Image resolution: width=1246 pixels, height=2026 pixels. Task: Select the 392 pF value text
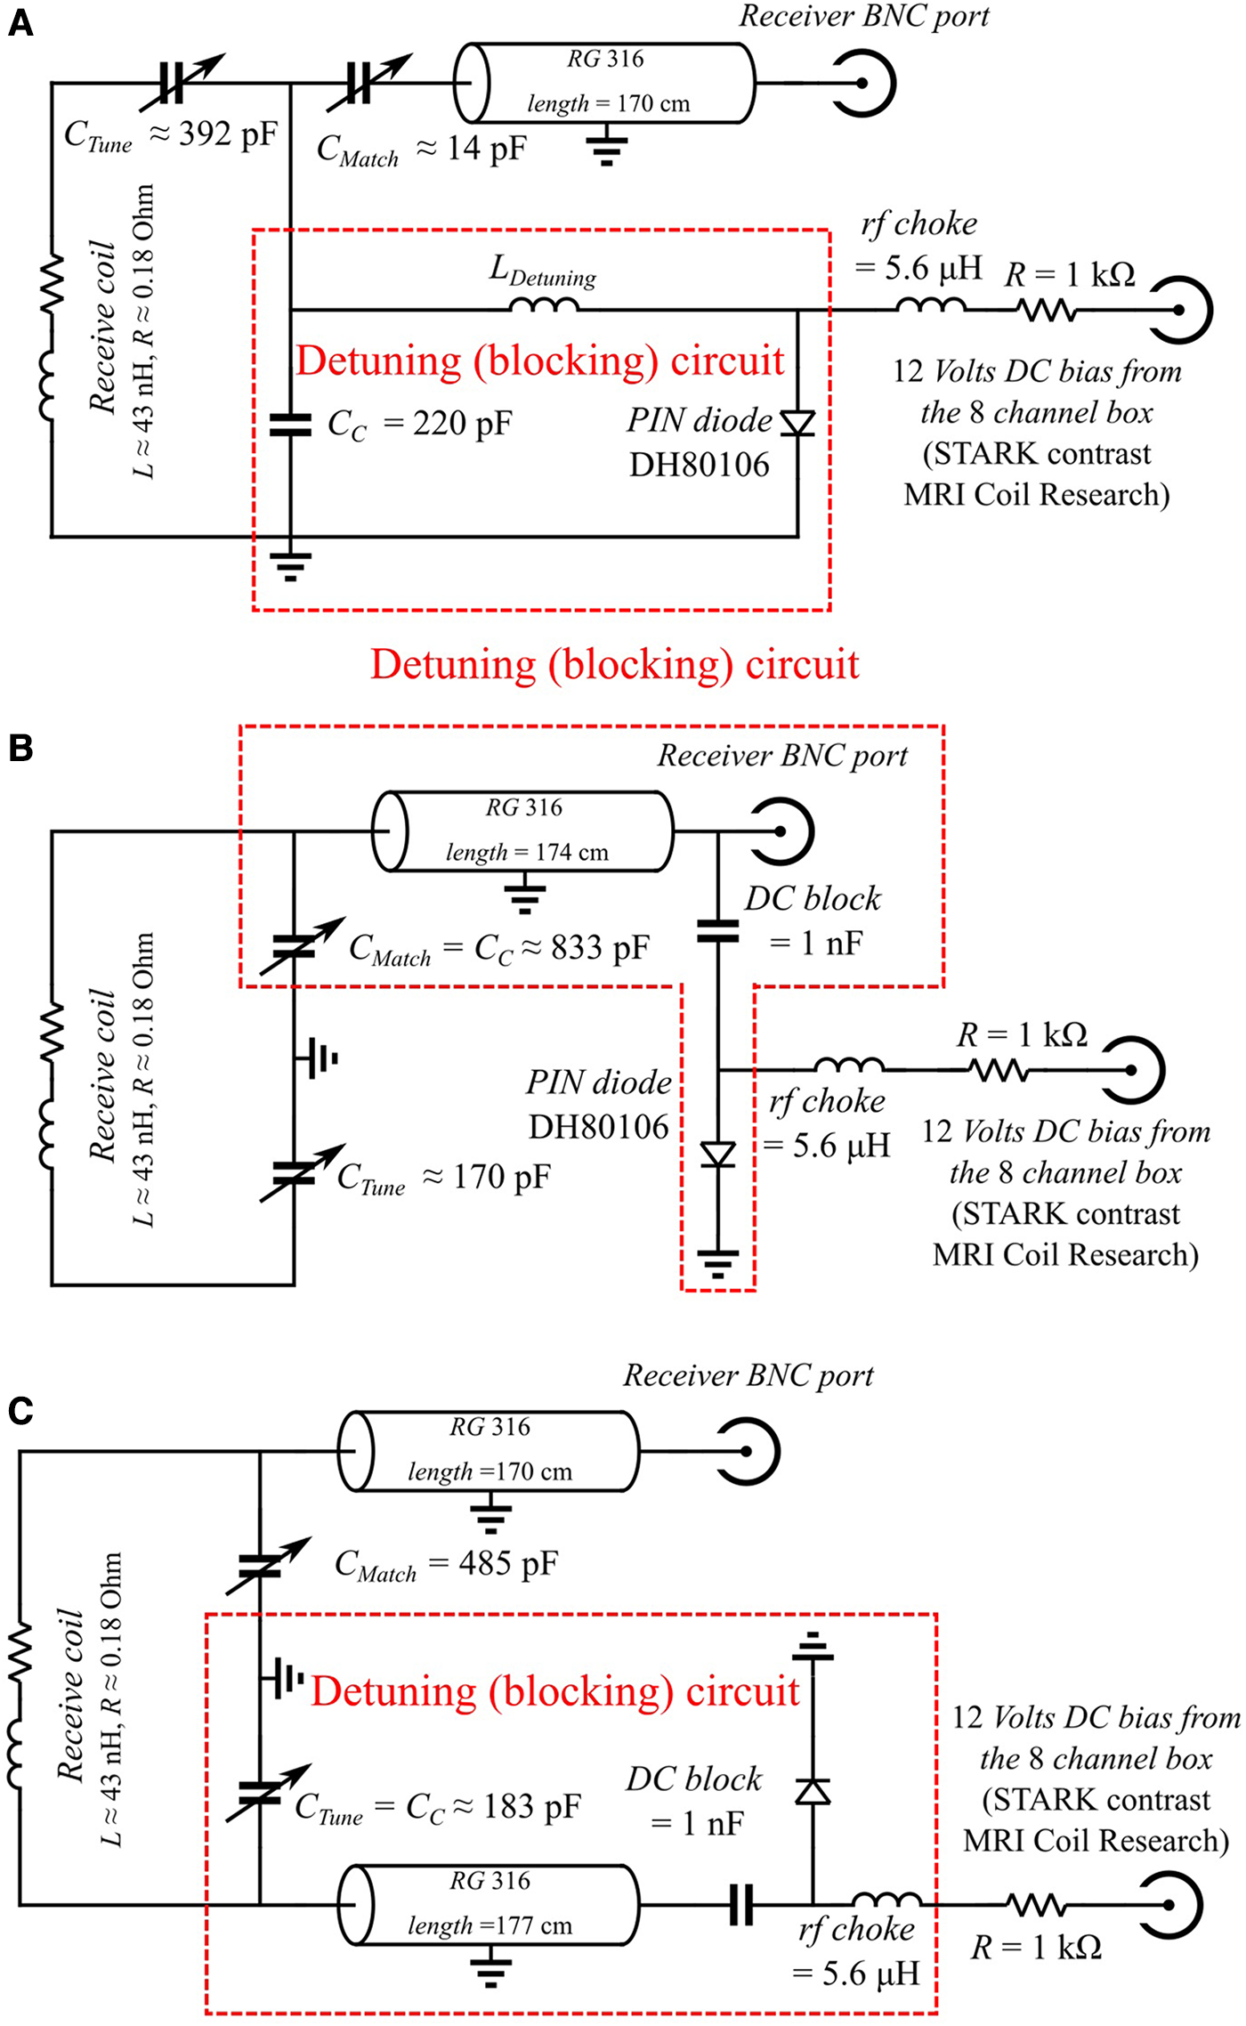pos(228,134)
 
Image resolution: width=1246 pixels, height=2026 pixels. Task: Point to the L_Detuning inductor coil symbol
pos(544,305)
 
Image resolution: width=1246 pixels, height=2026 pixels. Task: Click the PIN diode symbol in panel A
pos(797,423)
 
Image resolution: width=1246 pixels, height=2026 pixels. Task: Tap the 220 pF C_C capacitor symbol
pos(290,425)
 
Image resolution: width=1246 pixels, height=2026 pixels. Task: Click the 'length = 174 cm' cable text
pos(527,853)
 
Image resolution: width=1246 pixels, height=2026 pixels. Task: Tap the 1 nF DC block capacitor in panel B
pos(718,931)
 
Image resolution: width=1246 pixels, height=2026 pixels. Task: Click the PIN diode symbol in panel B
pos(718,1155)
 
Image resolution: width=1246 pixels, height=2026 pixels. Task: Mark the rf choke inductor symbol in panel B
pos(849,1065)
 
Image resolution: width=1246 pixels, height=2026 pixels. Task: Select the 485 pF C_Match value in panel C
pos(508,1563)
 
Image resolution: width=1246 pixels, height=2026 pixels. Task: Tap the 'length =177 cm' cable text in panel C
pos(489,1925)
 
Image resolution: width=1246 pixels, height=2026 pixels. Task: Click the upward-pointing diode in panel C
pos(813,1790)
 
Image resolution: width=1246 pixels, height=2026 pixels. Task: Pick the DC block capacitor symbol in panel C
pos(741,1905)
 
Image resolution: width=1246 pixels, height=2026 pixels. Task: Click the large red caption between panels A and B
pos(614,665)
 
